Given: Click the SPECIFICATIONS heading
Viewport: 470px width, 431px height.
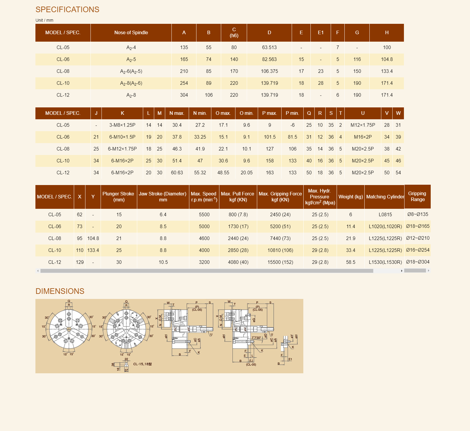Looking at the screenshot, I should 67,10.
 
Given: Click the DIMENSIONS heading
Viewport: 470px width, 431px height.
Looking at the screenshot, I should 60,291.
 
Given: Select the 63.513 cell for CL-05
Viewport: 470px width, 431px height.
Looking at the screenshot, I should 269,47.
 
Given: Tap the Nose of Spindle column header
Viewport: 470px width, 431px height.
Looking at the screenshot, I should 131,32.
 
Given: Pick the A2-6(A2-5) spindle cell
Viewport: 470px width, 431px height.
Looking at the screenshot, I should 131,71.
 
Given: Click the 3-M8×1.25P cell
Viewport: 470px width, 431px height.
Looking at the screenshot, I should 122,125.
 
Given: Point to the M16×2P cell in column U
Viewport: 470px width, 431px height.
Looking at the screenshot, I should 363,137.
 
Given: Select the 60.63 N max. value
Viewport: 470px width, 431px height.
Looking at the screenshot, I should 177,173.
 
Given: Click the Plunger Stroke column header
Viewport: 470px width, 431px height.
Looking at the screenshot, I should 118,197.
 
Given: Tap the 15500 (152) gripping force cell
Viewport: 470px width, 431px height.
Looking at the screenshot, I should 280,262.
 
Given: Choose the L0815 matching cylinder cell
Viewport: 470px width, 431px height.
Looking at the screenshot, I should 385,214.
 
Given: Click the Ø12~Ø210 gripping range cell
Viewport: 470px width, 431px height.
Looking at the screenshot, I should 417,238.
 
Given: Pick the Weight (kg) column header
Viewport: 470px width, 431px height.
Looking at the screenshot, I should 350,197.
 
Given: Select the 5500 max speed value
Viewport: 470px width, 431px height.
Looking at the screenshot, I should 204,214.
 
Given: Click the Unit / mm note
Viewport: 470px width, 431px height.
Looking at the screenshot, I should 44,20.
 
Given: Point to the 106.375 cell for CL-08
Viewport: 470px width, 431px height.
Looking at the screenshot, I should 269,71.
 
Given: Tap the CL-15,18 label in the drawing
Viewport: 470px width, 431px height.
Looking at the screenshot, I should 142,364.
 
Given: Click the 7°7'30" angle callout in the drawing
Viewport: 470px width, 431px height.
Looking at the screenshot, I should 256,338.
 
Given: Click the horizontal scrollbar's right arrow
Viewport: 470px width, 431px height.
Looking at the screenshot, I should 402,271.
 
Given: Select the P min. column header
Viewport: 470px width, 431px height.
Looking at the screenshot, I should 292,113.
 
